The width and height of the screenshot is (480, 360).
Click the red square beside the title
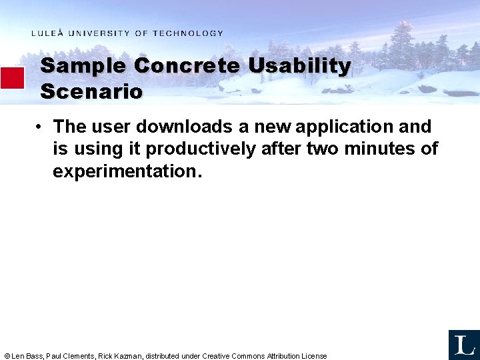(12, 78)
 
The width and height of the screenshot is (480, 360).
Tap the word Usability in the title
(300, 66)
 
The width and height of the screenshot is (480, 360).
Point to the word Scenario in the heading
(91, 91)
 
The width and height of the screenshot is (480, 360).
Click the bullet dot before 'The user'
(41, 127)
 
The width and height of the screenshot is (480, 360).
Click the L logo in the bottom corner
(464, 345)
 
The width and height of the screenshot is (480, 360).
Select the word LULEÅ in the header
(48, 33)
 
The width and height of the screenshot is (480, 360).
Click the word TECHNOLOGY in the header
(187, 33)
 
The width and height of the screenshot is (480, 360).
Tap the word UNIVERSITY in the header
(99, 33)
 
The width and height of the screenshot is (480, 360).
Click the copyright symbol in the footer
(7, 356)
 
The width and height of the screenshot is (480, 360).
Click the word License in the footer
(314, 356)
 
